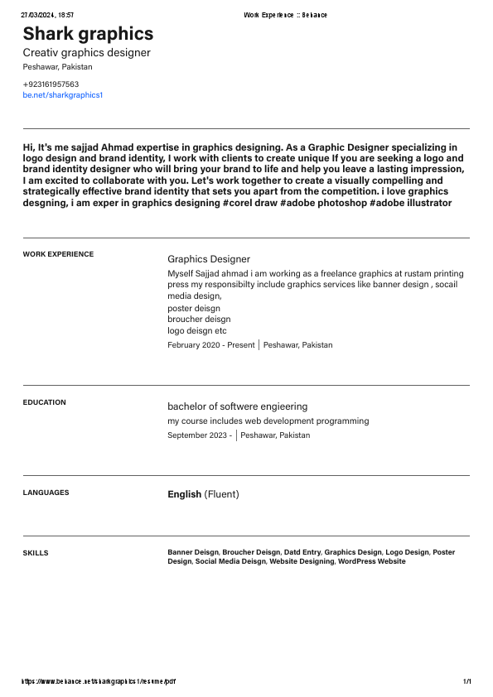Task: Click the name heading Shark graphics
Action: tap(88, 34)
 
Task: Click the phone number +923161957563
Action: tap(51, 84)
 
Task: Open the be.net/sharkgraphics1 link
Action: tap(62, 95)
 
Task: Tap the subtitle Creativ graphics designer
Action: tap(86, 53)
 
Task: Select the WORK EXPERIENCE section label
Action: tap(58, 254)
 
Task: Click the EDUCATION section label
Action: tap(44, 402)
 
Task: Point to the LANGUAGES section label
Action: tap(46, 493)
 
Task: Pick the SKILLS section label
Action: tap(36, 553)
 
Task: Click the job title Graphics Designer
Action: tap(208, 259)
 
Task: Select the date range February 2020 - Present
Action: tap(210, 345)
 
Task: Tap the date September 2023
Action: tap(199, 435)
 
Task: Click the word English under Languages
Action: tap(184, 494)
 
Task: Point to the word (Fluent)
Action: tap(221, 494)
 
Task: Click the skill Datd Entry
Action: tap(302, 552)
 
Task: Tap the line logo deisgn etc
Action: tap(196, 331)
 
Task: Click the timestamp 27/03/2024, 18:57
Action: tap(47, 15)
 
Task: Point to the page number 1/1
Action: tap(466, 682)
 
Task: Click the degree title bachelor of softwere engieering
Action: tap(237, 406)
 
